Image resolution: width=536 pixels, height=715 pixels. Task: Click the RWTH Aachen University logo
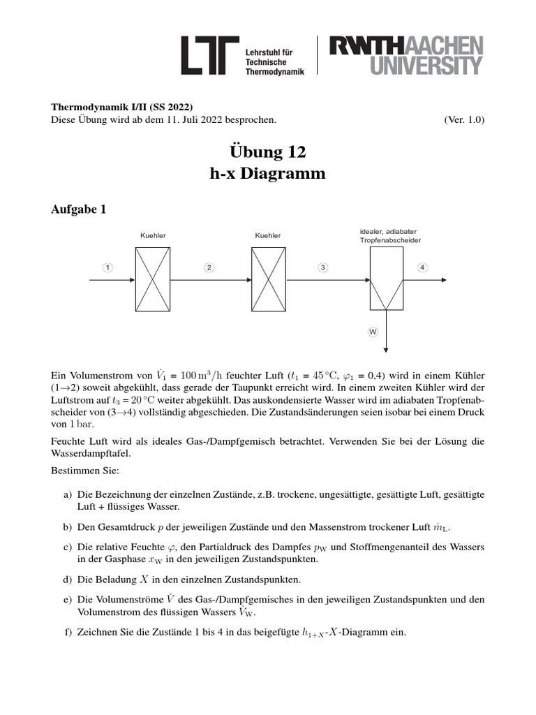pos(405,56)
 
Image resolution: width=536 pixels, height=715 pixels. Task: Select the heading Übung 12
pos(268,152)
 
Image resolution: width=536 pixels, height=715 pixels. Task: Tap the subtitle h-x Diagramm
pos(268,174)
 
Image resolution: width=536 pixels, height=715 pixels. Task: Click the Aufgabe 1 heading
pos(78,209)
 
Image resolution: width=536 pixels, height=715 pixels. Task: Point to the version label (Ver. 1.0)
pos(463,119)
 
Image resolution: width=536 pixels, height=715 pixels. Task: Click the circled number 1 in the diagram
pos(107,267)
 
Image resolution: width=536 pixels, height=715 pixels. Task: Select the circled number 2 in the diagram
pos(209,267)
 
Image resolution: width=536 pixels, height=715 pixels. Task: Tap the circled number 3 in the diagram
pos(322,267)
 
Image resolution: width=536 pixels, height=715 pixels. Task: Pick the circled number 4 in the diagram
pos(422,267)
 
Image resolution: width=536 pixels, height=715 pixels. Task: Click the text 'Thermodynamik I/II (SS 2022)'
pos(122,107)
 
